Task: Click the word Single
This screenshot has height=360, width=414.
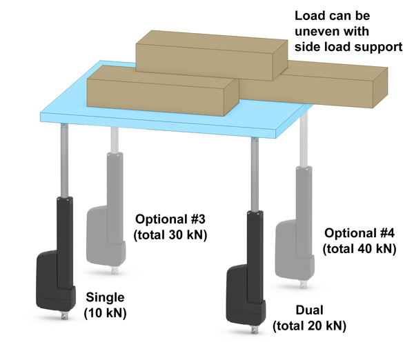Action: [x=105, y=298]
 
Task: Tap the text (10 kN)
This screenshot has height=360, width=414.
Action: [x=105, y=313]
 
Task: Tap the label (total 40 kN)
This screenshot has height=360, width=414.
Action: [x=359, y=247]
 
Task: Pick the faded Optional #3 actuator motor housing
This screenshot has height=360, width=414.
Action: [x=97, y=234]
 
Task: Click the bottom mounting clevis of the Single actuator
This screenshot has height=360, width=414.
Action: [x=66, y=316]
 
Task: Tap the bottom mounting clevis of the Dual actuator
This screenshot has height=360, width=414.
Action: [x=257, y=330]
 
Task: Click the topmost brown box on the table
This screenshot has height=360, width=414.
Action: [x=207, y=52]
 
